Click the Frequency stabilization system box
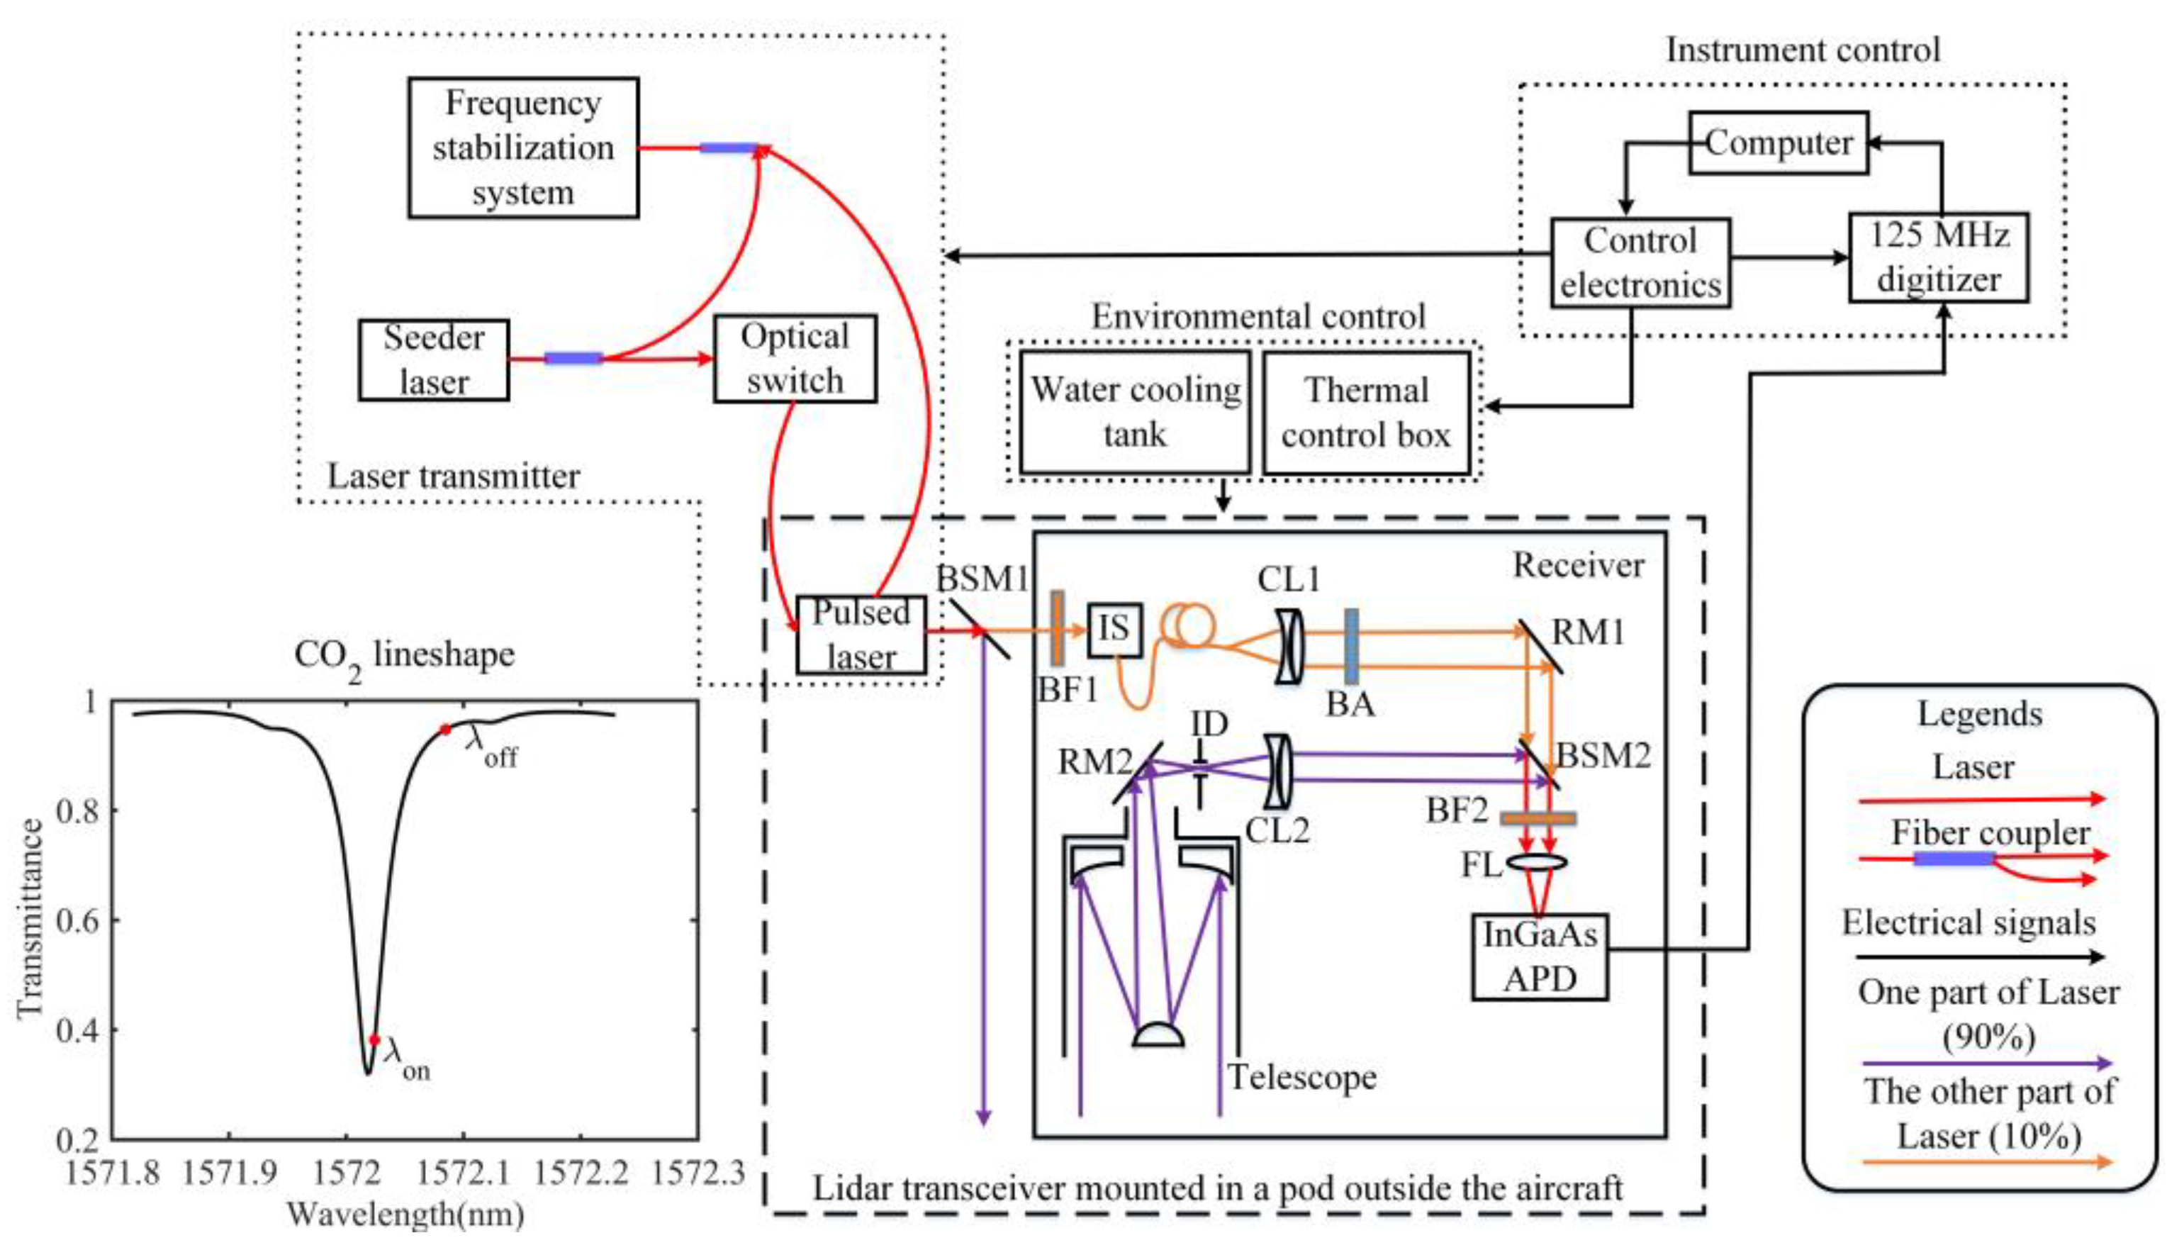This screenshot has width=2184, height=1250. click(522, 147)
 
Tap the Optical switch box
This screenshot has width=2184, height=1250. click(795, 358)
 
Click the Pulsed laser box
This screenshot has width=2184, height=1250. click(860, 635)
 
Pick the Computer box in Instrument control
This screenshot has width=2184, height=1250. click(1778, 143)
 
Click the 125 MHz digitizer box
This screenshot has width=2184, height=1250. click(1938, 257)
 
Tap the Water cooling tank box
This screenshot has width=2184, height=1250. click(1134, 411)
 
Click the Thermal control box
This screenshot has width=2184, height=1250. click(1366, 412)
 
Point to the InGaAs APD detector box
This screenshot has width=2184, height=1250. click(1540, 956)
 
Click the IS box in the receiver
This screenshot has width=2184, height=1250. click(1114, 630)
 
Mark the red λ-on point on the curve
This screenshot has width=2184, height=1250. click(374, 1039)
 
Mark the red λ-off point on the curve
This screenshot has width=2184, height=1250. click(445, 730)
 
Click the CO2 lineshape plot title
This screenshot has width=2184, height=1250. click(404, 657)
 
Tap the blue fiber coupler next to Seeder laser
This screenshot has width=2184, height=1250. click(573, 358)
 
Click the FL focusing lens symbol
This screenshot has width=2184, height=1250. click(1537, 861)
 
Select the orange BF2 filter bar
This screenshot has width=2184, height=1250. click(1537, 818)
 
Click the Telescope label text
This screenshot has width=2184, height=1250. click(1301, 1076)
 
